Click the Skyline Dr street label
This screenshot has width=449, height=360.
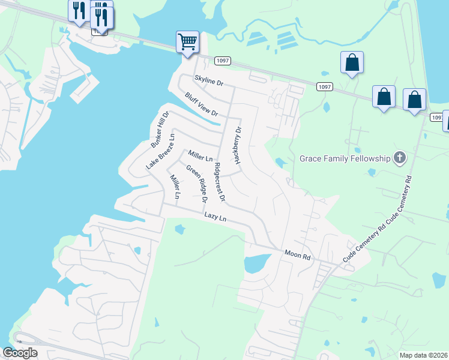click(209, 81)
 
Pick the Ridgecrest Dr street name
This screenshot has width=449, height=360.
click(220, 181)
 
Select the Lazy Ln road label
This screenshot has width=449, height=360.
click(215, 217)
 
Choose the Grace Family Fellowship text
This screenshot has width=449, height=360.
click(345, 159)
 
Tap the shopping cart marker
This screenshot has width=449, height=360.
click(187, 43)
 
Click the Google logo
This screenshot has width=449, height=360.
click(20, 352)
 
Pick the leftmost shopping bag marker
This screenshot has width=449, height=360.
click(352, 62)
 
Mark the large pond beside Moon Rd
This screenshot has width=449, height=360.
click(257, 262)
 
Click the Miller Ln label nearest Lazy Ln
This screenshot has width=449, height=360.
click(175, 187)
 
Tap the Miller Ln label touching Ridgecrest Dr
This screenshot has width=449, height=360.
click(200, 157)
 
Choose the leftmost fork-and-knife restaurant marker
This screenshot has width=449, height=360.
click(79, 11)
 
